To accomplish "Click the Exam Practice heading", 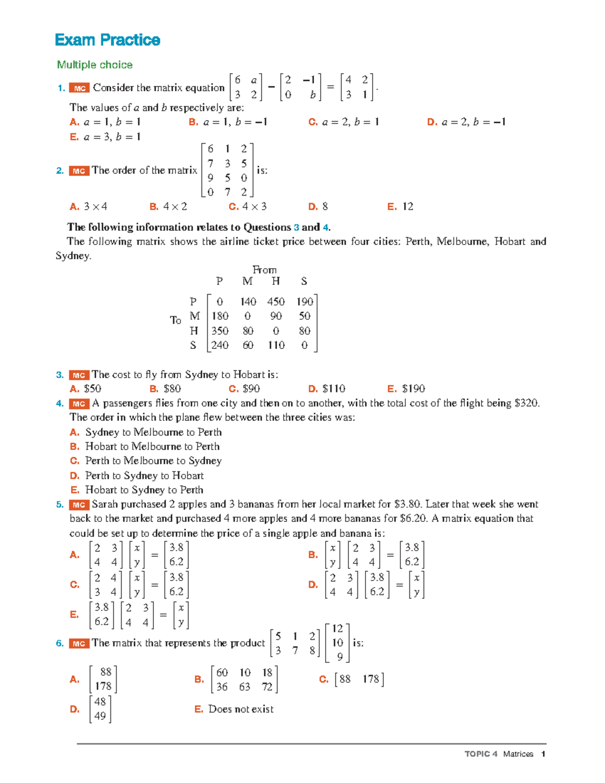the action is pyautogui.click(x=107, y=40).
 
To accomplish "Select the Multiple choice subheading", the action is pyautogui.click(x=95, y=65).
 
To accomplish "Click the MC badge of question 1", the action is pyautogui.click(x=79, y=88).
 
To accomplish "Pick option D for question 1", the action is pyautogui.click(x=466, y=122).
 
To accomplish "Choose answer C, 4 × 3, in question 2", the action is pyautogui.click(x=248, y=207).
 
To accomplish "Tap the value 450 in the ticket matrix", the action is pyautogui.click(x=276, y=302).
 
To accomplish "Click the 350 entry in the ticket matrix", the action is pyautogui.click(x=220, y=331).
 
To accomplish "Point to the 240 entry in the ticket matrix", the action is pyautogui.click(x=220, y=345).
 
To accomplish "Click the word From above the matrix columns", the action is pyautogui.click(x=264, y=270).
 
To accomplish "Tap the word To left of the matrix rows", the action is pyautogui.click(x=175, y=320).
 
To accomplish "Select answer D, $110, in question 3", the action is pyautogui.click(x=327, y=389).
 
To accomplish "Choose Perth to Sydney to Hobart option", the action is pyautogui.click(x=144, y=475).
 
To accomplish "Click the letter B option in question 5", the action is pyautogui.click(x=313, y=555).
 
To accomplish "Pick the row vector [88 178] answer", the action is pyautogui.click(x=358, y=679).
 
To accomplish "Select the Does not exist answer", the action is pyautogui.click(x=240, y=709).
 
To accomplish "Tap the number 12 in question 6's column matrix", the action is pyautogui.click(x=337, y=629).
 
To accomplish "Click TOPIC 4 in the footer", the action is pyautogui.click(x=480, y=754).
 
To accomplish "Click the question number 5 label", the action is pyautogui.click(x=60, y=505).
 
